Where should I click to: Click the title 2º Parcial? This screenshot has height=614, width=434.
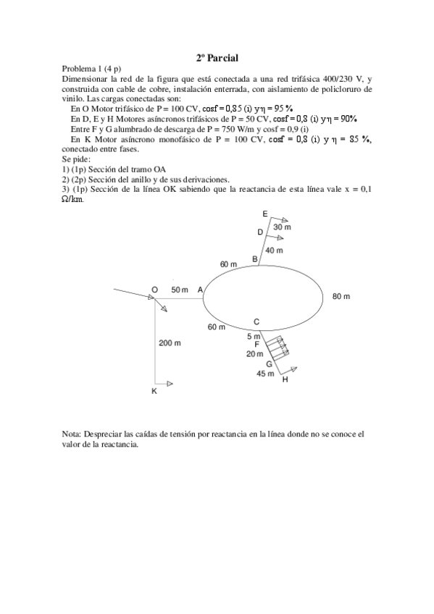tap(217, 57)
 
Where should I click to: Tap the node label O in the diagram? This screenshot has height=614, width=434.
tap(155, 290)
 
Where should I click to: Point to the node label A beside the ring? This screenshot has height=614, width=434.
tap(201, 290)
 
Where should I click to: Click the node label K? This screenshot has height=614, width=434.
tap(154, 391)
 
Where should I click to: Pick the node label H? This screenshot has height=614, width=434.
tap(285, 379)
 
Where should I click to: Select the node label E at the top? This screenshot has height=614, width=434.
tap(265, 214)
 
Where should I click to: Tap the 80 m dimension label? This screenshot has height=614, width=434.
tap(341, 296)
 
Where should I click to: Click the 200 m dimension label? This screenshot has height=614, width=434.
tap(170, 343)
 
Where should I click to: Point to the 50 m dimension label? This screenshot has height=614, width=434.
tap(180, 290)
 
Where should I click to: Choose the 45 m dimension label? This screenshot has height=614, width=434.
tap(265, 374)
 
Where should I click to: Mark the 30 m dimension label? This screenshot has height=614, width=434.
tap(282, 227)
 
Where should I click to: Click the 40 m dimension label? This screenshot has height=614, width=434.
tap(274, 250)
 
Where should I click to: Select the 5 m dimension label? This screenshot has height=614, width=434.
tap(254, 336)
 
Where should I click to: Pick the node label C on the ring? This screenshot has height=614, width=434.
tap(256, 321)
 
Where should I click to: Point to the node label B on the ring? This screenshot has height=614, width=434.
tap(254, 258)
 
